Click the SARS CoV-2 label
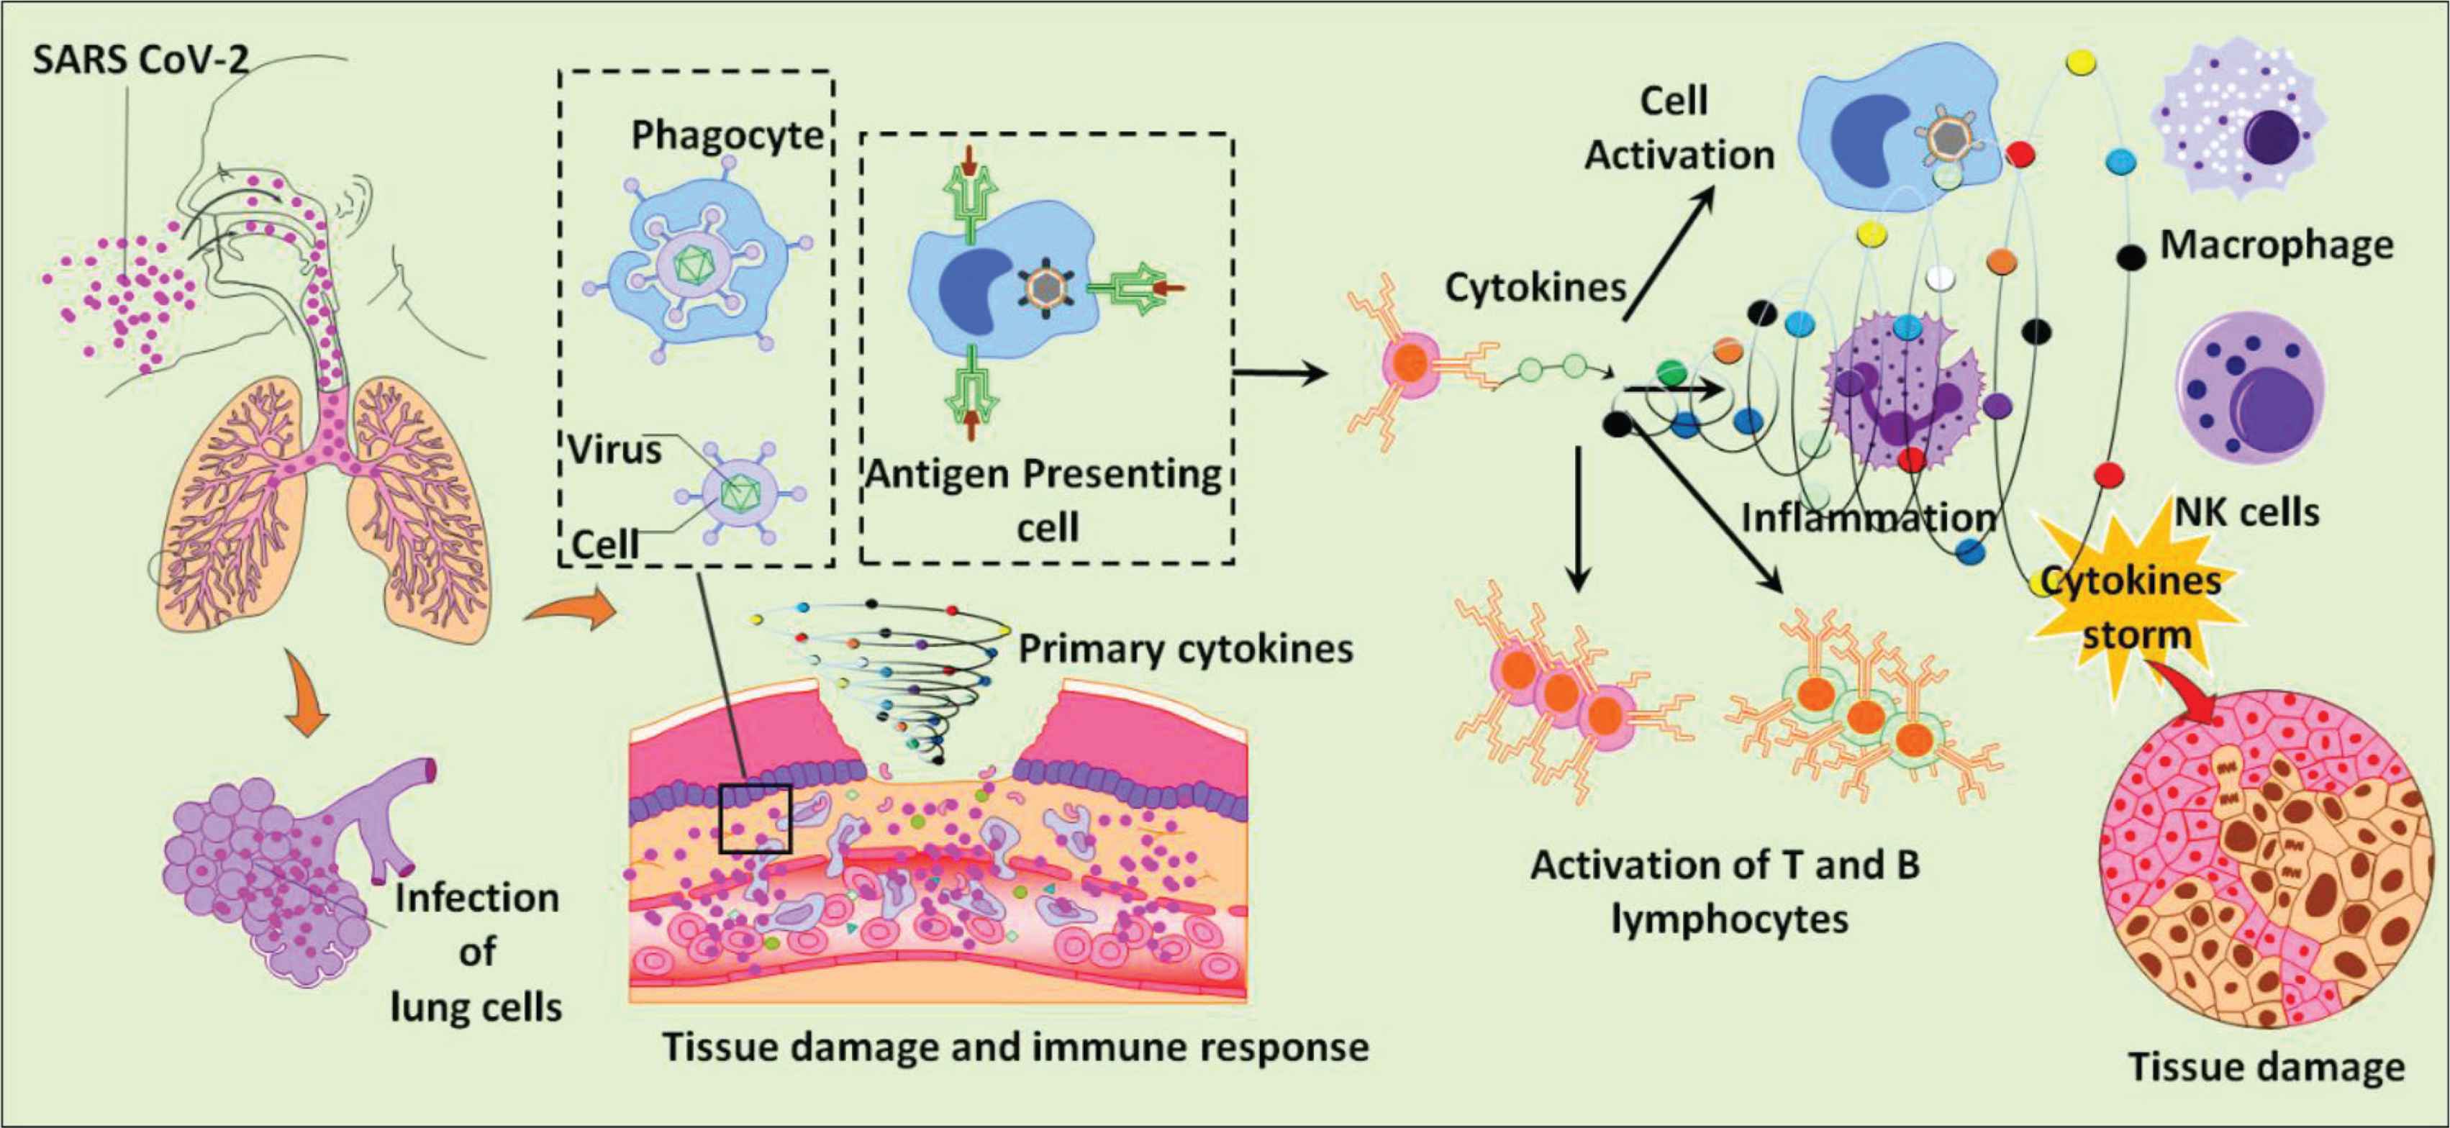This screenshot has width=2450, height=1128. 141,61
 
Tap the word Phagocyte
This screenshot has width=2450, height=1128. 727,136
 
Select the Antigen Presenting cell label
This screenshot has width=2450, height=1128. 1044,499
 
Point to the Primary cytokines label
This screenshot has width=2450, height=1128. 1185,649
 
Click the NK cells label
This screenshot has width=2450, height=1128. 2246,513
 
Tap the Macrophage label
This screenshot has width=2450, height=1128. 2276,245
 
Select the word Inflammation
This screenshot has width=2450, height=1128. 1868,517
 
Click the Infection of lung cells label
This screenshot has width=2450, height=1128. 476,951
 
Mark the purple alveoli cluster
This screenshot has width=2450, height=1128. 266,885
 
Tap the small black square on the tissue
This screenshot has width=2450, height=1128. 756,818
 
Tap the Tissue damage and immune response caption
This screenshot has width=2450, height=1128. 1015,1047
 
